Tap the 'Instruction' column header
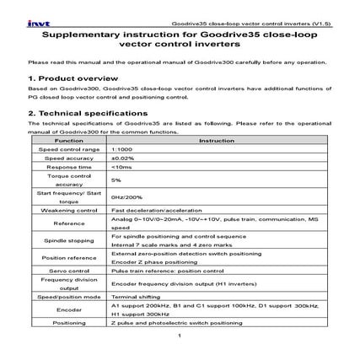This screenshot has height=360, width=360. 221,140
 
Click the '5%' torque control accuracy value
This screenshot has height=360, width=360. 116,180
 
